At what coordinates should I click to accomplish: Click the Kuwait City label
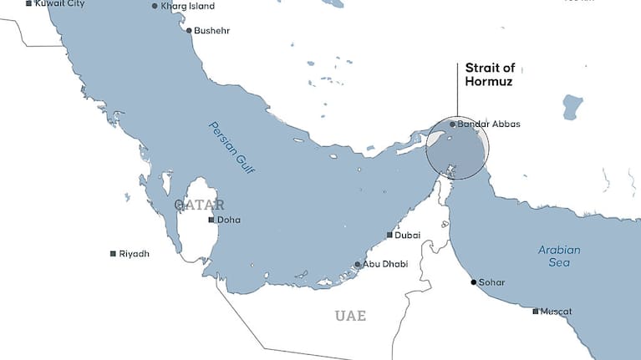pos(59,4)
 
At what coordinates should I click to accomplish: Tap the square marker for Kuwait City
pos(29,4)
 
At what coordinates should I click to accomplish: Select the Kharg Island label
pos(187,7)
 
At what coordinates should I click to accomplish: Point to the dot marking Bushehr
pos(189,31)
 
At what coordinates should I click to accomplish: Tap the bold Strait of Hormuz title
pos(489,76)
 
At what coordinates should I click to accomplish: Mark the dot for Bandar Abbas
pos(452,124)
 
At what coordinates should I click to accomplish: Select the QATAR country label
pos(199,205)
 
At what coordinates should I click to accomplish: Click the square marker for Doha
pos(211,221)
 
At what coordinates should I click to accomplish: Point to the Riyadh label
pos(134,254)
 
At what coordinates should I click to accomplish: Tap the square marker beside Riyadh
pos(113,254)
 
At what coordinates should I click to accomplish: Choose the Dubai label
pos(407,236)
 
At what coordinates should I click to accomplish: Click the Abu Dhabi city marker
pos(358,265)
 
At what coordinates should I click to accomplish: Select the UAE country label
pos(350,316)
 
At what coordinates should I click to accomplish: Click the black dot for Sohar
pos(473,282)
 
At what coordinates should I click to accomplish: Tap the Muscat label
pos(557,312)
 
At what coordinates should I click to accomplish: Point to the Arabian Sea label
pos(559,256)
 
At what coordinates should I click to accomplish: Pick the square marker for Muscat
pos(536,312)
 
